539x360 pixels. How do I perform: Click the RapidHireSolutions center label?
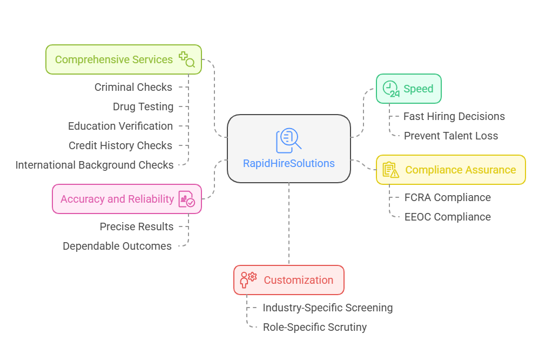coord(289,163)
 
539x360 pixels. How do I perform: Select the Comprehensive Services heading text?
coord(114,59)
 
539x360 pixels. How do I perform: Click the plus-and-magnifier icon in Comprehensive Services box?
coord(187,59)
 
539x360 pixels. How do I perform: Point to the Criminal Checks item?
coord(133,87)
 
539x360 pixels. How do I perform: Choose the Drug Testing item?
coord(143,106)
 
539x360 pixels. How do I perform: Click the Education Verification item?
coord(120,126)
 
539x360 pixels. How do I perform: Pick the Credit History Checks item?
coord(120,145)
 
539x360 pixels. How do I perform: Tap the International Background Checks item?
coord(95,165)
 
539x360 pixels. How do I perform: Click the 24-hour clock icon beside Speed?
coord(391,89)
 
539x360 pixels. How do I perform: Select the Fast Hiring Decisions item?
coord(454,116)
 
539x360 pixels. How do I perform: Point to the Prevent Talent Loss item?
coord(451,136)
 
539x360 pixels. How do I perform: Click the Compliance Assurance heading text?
coord(461,170)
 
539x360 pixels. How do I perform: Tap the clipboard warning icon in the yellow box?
coord(390,170)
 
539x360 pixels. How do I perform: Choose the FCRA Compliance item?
coord(448,197)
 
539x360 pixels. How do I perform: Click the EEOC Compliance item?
coord(448,217)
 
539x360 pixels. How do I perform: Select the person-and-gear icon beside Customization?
coord(248,279)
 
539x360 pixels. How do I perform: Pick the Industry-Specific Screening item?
coord(328,308)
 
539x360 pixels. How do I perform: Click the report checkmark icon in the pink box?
coord(187,199)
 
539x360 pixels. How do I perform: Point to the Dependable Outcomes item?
coord(117,246)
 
